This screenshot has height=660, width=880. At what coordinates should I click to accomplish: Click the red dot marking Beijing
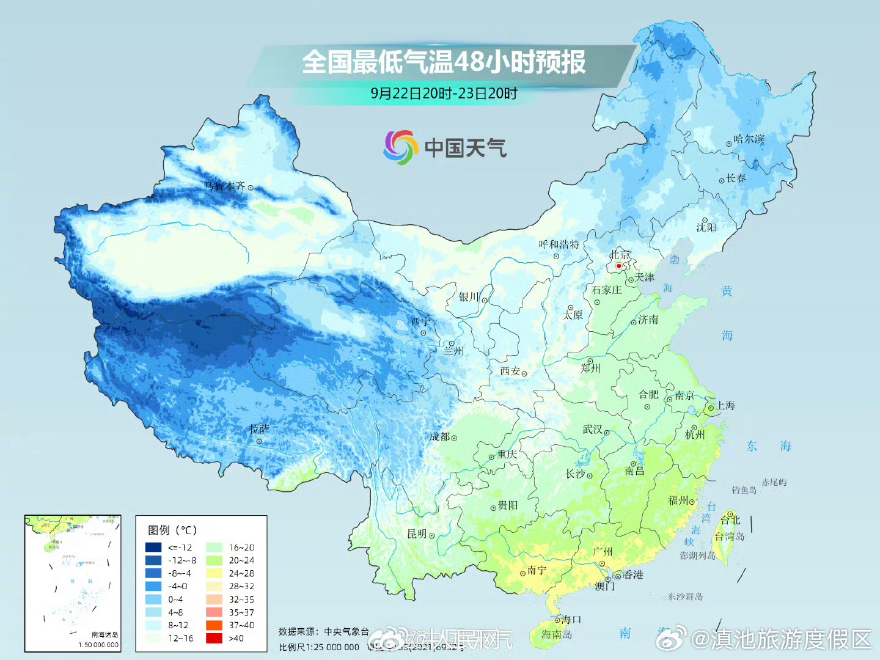pyautogui.click(x=618, y=266)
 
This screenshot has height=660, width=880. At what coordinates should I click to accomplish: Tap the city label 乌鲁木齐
pyautogui.click(x=224, y=186)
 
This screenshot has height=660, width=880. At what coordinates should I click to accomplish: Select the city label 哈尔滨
pyautogui.click(x=749, y=139)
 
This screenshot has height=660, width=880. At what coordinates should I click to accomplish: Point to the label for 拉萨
pyautogui.click(x=259, y=430)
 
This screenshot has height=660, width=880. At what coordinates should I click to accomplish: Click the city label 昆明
pyautogui.click(x=417, y=534)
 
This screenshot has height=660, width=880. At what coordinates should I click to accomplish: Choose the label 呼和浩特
pyautogui.click(x=559, y=244)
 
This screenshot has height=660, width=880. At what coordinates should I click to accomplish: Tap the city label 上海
pyautogui.click(x=725, y=406)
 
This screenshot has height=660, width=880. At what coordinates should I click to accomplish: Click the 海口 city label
pyautogui.click(x=571, y=620)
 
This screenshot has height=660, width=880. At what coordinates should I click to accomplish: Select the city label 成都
pyautogui.click(x=439, y=437)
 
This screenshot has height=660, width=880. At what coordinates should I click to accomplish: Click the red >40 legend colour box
pyautogui.click(x=214, y=638)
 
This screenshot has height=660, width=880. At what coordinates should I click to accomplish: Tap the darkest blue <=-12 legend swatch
pyautogui.click(x=153, y=548)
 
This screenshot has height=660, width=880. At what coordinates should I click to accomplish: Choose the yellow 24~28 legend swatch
pyautogui.click(x=214, y=573)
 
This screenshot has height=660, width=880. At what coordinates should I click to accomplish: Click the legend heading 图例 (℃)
pyautogui.click(x=172, y=530)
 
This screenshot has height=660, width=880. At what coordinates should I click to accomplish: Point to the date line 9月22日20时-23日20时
pyautogui.click(x=444, y=94)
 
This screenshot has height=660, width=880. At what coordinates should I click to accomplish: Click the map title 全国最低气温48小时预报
pyautogui.click(x=444, y=62)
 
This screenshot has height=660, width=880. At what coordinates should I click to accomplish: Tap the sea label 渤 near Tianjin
pyautogui.click(x=674, y=260)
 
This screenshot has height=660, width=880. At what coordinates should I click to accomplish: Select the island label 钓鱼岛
pyautogui.click(x=744, y=490)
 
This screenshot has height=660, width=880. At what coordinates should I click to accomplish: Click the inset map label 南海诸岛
pyautogui.click(x=105, y=635)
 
